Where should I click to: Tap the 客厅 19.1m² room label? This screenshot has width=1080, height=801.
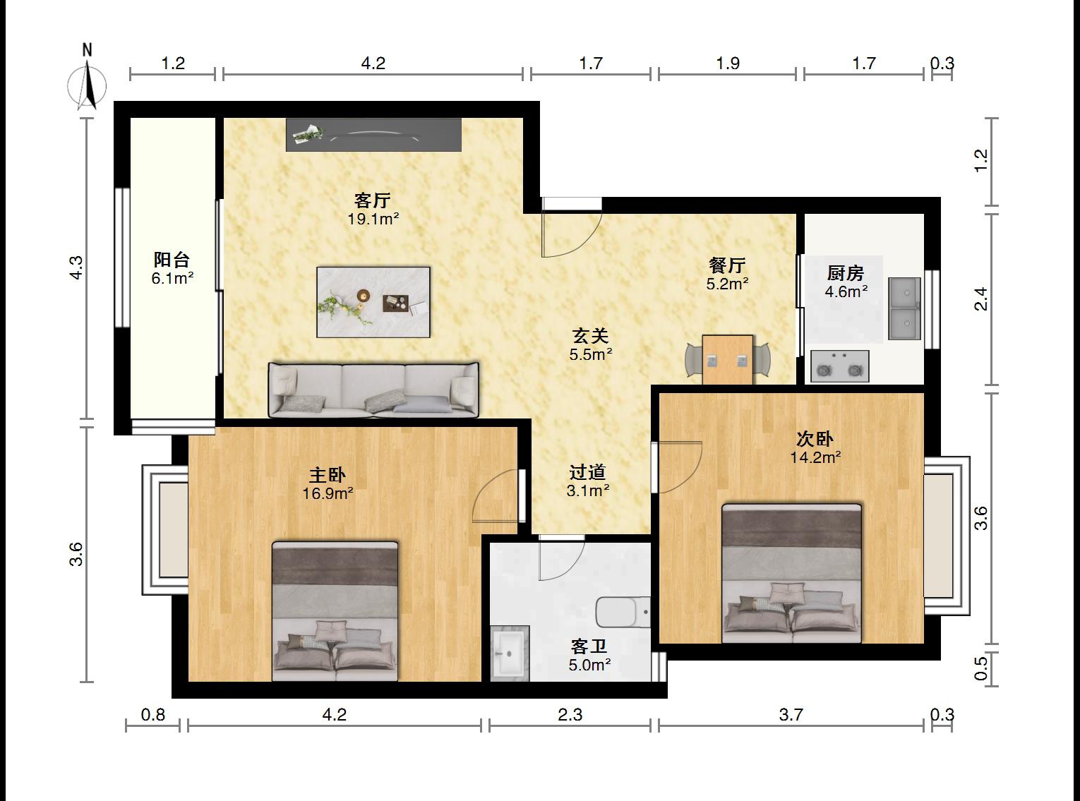373,210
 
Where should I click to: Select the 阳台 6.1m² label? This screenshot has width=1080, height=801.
172,269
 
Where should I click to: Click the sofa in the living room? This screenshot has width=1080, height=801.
373,390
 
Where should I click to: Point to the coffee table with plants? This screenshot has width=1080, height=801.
373,302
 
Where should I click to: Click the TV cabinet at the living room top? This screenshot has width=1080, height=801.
373,134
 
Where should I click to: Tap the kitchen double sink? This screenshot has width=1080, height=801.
904,308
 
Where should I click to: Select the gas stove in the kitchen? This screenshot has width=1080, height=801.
839,366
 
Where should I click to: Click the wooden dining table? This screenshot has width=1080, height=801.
728,359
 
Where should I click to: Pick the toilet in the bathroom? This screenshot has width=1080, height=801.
623,612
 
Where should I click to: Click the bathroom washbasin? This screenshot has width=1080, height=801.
510,654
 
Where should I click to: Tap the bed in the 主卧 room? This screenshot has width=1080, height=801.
335,612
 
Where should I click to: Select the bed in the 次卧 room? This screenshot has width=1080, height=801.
792,574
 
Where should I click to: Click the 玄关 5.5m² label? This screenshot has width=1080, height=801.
590,344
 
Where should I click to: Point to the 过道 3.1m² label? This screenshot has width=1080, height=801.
588,481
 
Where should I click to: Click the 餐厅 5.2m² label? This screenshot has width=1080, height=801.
728,274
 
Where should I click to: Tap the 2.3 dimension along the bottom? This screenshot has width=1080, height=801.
570,715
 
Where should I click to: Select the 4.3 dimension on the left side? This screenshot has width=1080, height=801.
76,267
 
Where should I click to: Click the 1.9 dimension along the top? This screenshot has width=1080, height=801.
728,64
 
